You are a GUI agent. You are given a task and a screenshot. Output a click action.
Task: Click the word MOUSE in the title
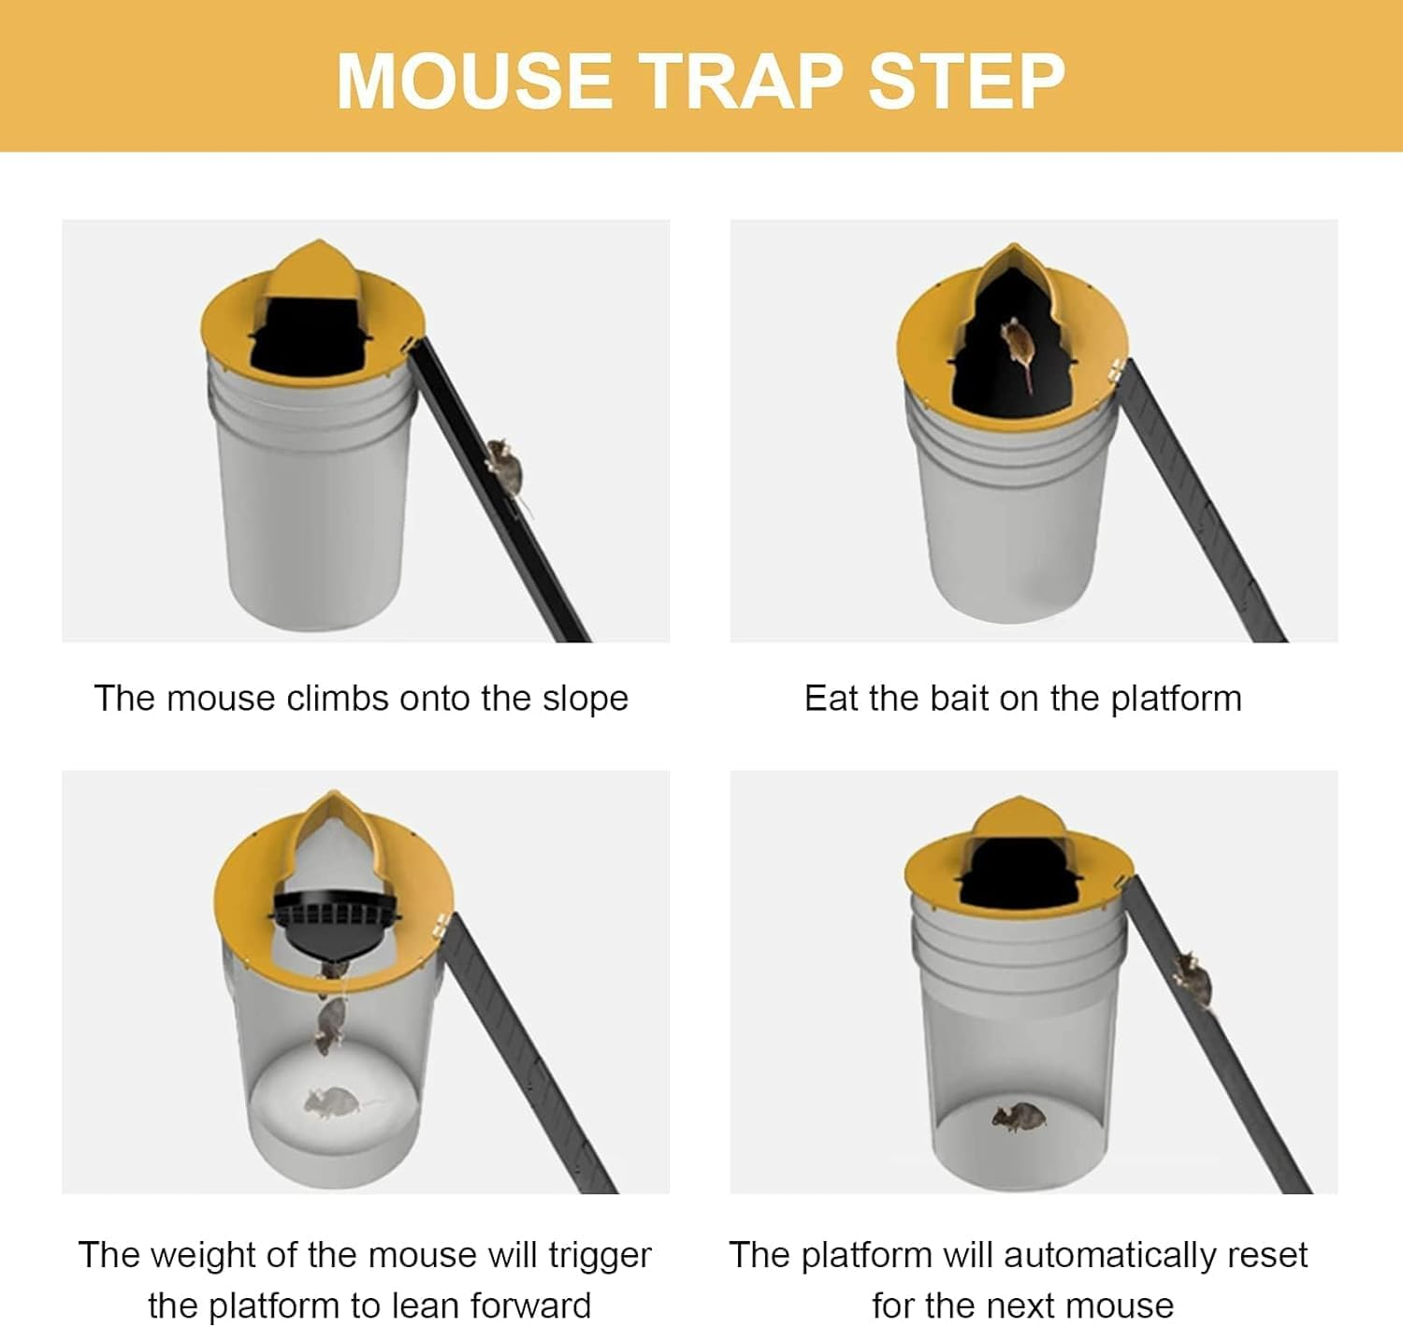point(474,81)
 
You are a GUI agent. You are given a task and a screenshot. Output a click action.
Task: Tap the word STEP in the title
point(967,81)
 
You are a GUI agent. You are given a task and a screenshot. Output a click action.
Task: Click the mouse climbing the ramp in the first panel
point(506,467)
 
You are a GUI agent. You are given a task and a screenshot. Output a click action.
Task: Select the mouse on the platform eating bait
point(1019,345)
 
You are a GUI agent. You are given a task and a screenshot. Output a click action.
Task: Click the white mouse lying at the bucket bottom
point(332,1103)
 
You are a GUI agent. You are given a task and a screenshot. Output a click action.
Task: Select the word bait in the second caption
point(962,699)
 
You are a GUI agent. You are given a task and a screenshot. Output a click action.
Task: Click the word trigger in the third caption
point(600,1255)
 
